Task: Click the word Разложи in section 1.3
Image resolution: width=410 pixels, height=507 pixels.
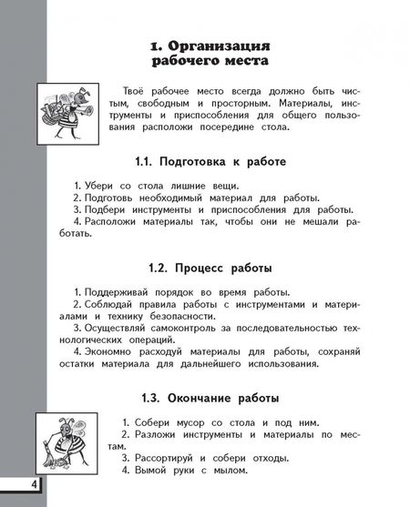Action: click(159, 439)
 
